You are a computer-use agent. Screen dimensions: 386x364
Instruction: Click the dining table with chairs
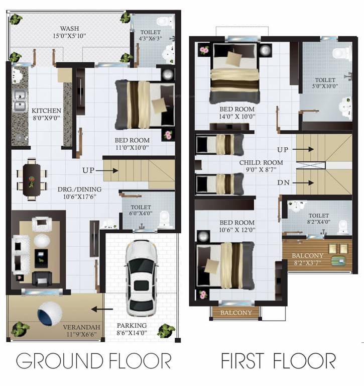pos(32,179)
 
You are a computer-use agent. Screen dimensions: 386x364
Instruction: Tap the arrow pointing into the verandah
pos(105,310)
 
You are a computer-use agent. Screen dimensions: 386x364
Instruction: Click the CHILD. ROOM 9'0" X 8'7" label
pos(261,166)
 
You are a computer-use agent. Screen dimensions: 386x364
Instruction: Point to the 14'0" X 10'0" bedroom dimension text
pos(237,117)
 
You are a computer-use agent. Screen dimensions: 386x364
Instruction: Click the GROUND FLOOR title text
pos(93,361)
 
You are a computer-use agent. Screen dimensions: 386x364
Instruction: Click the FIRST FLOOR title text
pos(278,361)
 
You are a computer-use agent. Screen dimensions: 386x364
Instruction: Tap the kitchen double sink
pos(20,100)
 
